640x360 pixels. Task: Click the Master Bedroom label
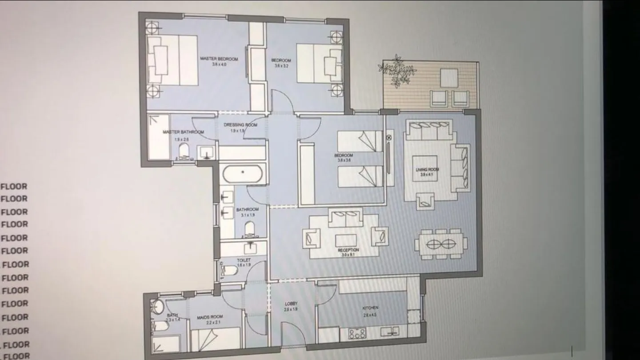coord(219,59)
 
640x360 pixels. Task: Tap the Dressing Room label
coord(240,125)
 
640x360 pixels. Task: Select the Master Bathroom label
coord(183,132)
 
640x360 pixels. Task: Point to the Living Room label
coord(427,170)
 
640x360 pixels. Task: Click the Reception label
coord(348,251)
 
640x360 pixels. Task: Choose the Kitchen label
coord(370,308)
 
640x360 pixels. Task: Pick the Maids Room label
coord(210,317)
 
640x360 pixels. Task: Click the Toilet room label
coord(244,260)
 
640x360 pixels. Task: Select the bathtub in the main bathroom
coord(243,173)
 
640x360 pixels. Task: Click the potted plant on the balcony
coord(397,71)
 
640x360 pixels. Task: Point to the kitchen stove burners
coord(357,333)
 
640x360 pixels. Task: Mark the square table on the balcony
coord(449,78)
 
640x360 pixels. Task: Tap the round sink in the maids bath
coord(158,307)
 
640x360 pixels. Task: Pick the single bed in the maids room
coord(216,339)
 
